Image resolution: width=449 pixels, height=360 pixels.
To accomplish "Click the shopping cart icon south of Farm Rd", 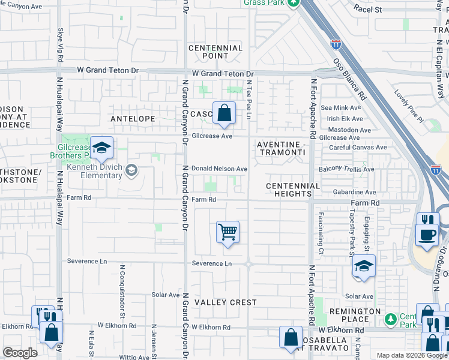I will pos(228,231).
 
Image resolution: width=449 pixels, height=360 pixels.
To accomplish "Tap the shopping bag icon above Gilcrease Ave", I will pos(224,113).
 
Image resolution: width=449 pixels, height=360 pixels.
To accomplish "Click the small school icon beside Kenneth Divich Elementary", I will pos(131,172).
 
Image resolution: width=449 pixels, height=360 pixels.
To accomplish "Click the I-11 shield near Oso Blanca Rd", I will pos(336,44).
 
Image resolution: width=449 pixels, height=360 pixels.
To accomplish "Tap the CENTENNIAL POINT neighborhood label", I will pos(215,52).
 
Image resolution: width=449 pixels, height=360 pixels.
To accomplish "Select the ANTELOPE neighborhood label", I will pos(133,119).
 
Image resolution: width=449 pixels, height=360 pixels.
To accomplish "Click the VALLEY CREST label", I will pos(226,302).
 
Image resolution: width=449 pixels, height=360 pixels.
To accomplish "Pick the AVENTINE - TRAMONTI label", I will pos(281,149).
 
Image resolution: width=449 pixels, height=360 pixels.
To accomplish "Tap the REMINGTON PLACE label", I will pos(354,315).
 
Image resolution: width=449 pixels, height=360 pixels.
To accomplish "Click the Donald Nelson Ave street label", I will pos(219,169).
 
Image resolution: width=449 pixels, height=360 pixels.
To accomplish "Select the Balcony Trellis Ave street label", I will pos(348,169).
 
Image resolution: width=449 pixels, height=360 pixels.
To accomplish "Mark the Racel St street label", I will pos(367,9).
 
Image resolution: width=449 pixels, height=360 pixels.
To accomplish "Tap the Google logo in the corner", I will pos(20,353).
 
